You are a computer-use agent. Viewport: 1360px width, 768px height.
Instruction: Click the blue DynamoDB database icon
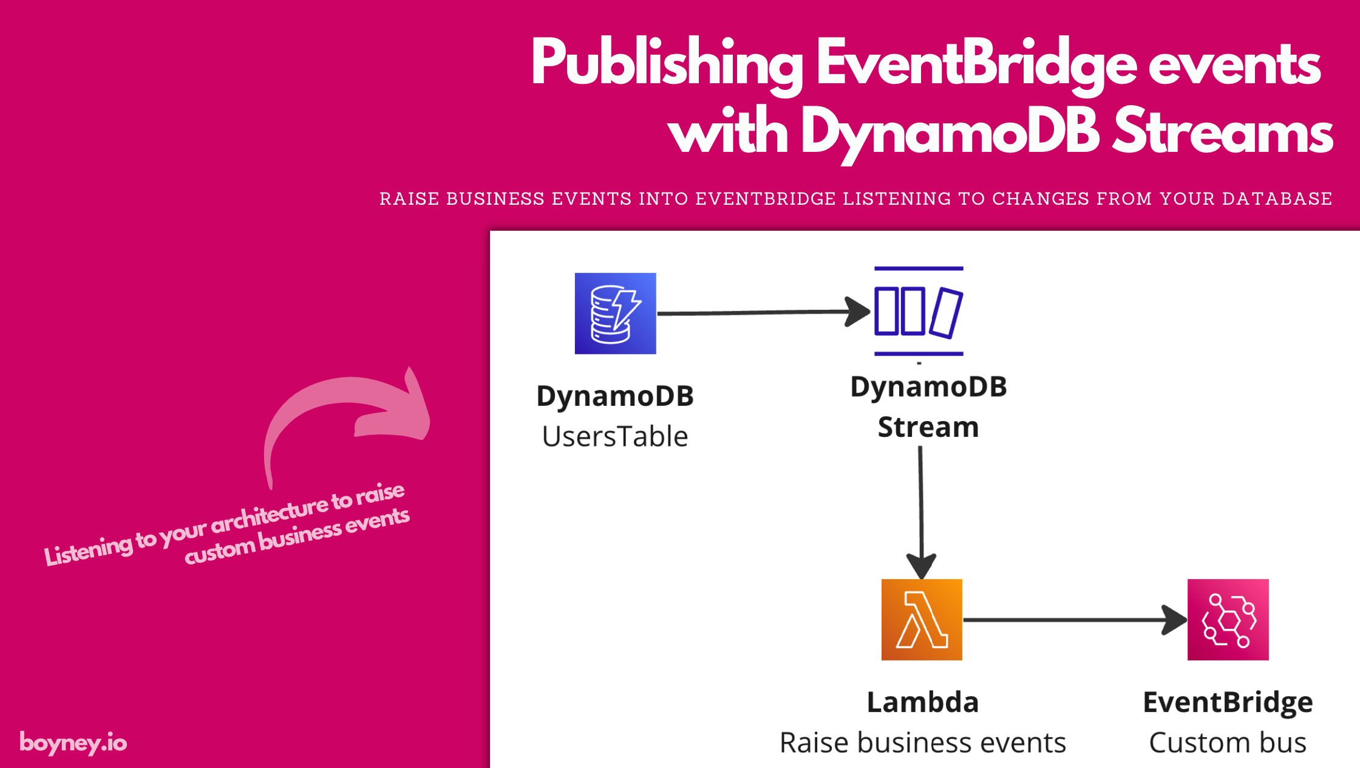[x=615, y=314]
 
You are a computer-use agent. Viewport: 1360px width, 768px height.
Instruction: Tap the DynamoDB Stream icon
[x=918, y=311]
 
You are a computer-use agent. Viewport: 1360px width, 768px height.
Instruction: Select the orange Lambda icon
[x=922, y=620]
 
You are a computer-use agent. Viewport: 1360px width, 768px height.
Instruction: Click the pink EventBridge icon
[x=1228, y=620]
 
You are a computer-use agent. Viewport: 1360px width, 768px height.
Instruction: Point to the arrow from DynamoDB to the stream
[x=759, y=312]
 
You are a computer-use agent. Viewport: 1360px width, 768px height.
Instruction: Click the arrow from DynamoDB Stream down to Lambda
[x=921, y=504]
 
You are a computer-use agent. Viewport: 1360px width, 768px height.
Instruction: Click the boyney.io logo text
[x=73, y=743]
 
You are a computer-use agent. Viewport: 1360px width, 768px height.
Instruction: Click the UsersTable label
[x=615, y=436]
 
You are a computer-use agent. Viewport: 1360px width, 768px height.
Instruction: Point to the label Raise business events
[x=922, y=742]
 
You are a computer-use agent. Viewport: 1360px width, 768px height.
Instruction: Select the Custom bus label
[x=1228, y=742]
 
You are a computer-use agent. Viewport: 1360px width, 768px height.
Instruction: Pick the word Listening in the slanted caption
[x=88, y=550]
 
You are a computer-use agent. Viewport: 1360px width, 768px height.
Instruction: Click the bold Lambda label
[x=922, y=702]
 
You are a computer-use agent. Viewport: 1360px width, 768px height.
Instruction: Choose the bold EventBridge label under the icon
[x=1228, y=702]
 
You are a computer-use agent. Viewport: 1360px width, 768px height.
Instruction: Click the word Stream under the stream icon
[x=928, y=427]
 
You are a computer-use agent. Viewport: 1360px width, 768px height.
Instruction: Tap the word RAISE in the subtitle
[x=409, y=199]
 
